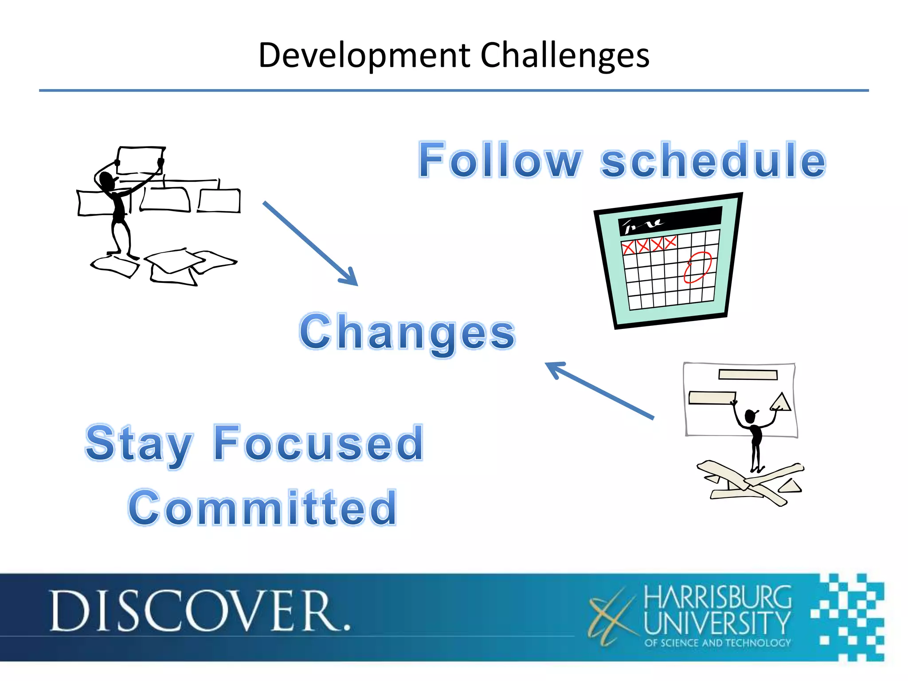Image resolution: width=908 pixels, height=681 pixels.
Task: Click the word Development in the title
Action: coord(364,55)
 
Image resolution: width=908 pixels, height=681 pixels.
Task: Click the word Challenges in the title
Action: coord(565,55)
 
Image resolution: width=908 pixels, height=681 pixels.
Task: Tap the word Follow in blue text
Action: coord(500,160)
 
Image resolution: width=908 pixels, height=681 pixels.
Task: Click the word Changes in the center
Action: coord(407,333)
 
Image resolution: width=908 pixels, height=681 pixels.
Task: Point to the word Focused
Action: coord(318,443)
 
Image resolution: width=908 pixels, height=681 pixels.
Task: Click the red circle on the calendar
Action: coord(697,267)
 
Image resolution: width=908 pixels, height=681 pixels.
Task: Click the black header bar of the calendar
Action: coord(669,221)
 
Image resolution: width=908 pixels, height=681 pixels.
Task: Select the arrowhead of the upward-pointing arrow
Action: coord(554,368)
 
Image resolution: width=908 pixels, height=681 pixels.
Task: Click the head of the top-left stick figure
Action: coord(106,180)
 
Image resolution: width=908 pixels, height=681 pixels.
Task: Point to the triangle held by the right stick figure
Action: coord(781,403)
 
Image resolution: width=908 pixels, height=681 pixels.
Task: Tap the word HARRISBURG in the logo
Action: coord(717,597)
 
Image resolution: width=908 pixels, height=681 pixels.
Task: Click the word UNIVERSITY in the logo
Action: coord(717,623)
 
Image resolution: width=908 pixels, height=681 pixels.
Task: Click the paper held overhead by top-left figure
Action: coord(140,160)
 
